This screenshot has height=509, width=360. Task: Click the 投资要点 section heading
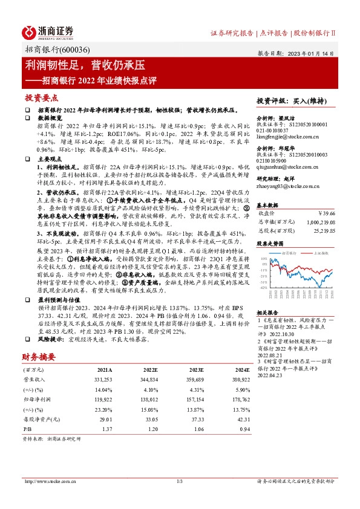coord(42,97)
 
